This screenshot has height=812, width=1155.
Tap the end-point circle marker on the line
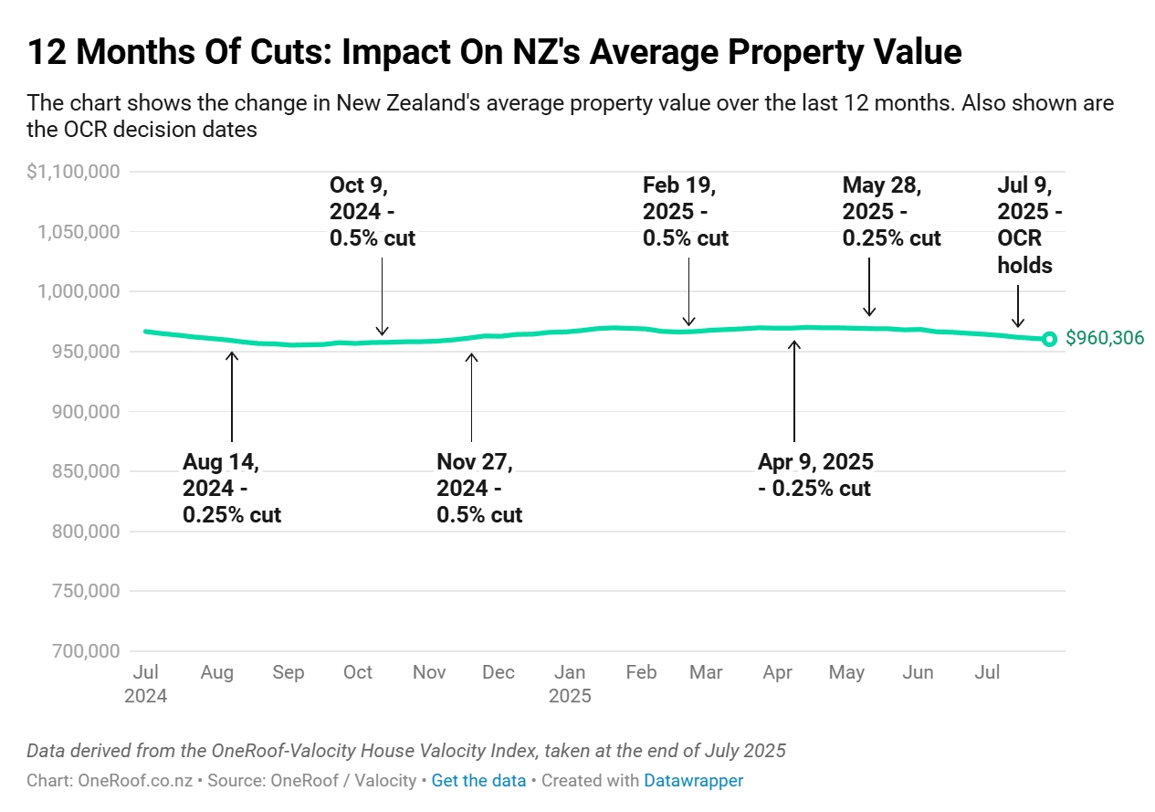(1049, 339)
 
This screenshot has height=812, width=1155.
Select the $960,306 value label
(1104, 339)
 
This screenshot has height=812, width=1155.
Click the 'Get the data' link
(478, 781)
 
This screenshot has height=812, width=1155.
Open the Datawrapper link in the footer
(693, 781)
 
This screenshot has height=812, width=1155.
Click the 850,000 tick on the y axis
(80, 471)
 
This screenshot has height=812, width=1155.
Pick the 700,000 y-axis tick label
(80, 651)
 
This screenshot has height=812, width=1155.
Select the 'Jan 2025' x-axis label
(570, 683)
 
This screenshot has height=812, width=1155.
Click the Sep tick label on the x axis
(288, 672)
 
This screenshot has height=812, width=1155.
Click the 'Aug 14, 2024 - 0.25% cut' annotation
(232, 488)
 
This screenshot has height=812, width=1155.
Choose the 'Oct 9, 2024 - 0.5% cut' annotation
(373, 212)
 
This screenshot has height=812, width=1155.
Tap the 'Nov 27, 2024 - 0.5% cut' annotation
(479, 488)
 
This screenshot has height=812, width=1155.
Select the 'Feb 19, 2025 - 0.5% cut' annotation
(686, 212)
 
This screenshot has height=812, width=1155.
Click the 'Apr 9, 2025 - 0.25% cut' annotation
(815, 474)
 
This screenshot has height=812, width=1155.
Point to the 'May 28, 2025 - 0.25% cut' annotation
(891, 212)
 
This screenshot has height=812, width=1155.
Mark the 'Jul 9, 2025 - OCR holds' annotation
(1026, 226)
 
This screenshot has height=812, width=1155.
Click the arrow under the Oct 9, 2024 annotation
(383, 297)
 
